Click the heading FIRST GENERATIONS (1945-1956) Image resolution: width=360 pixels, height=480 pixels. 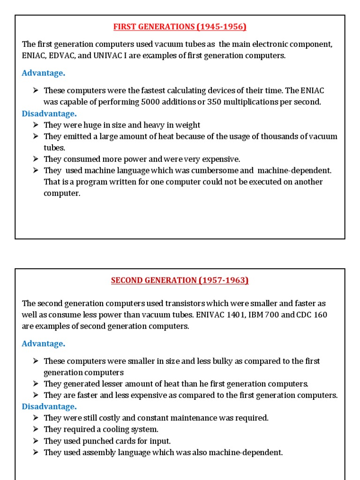click(x=180, y=27)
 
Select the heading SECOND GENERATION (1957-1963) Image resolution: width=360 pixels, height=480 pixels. click(x=180, y=280)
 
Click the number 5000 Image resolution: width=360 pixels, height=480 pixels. click(x=150, y=102)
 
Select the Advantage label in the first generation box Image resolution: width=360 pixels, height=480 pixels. click(x=43, y=73)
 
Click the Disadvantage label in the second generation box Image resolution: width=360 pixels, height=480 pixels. click(x=49, y=406)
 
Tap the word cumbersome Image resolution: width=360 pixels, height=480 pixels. click(x=216, y=170)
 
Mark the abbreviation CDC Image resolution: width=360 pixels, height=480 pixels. click(x=304, y=315)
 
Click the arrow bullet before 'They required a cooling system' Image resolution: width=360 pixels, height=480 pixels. click(x=36, y=429)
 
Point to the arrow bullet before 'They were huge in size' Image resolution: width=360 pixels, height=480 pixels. click(x=36, y=125)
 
